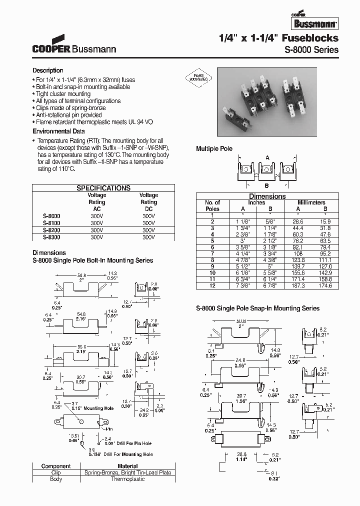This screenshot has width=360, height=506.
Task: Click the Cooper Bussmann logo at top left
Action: pos(74,45)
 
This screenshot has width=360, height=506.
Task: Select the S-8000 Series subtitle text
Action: pos(311,49)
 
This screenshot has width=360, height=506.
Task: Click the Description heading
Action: pos(48,70)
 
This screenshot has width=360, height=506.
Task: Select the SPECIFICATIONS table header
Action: pos(103,188)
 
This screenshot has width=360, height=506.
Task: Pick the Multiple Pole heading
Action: pos(214,149)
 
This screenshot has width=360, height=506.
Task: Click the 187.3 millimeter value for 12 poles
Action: pos(298,285)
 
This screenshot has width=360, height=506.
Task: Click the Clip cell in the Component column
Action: pos(56,472)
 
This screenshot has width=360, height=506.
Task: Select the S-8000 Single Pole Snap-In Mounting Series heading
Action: pos(257,308)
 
